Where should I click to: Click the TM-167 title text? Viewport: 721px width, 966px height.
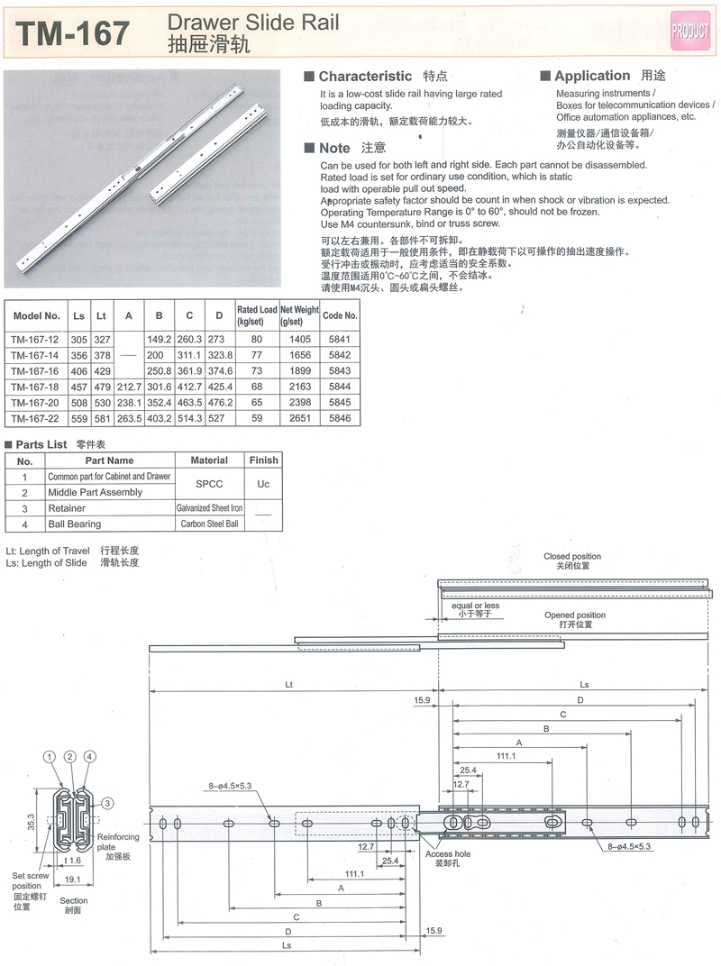click(x=74, y=33)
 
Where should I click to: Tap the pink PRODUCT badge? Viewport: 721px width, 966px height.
click(x=690, y=32)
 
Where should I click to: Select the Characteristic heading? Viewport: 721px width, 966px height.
click(x=365, y=77)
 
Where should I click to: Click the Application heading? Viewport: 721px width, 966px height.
click(x=592, y=77)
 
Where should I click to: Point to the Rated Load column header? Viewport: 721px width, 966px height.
click(x=257, y=315)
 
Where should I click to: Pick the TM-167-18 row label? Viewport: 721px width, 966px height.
click(x=35, y=387)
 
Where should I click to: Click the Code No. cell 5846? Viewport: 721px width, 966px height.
click(x=340, y=418)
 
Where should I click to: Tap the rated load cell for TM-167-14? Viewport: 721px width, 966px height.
click(x=257, y=355)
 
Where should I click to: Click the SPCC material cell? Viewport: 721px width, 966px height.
click(x=209, y=484)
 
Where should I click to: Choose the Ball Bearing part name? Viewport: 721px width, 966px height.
click(x=75, y=524)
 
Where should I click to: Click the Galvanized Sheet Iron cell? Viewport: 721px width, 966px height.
click(x=209, y=508)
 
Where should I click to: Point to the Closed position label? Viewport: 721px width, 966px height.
click(x=571, y=556)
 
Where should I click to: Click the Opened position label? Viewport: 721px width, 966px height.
click(x=575, y=615)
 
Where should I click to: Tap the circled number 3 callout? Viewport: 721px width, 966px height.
click(x=106, y=803)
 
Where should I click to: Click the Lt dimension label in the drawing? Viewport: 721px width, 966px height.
click(x=288, y=685)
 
